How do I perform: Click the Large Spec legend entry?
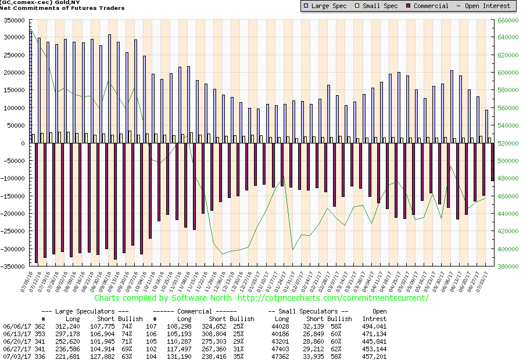click(x=325, y=6)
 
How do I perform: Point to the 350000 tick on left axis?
click(x=16, y=20)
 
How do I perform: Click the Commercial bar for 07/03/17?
click(x=492, y=162)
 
